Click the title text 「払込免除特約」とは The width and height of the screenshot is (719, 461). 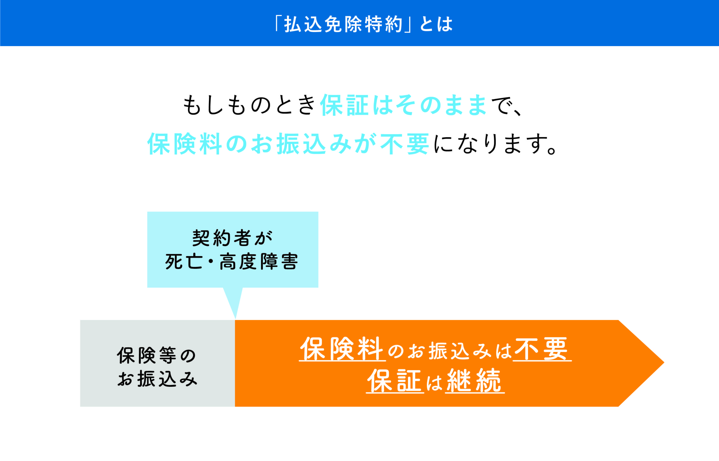click(364, 24)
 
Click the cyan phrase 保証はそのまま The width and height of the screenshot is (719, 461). click(404, 105)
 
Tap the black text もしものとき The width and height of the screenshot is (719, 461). click(249, 105)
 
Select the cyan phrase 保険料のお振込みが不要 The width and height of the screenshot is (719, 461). click(289, 144)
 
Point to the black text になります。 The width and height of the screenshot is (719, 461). click(495, 144)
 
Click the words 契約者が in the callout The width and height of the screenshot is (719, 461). click(232, 238)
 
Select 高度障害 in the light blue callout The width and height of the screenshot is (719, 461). click(259, 262)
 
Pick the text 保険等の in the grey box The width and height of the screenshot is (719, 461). click(157, 356)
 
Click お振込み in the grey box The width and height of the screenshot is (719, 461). click(157, 379)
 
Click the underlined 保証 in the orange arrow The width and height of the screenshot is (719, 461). click(395, 381)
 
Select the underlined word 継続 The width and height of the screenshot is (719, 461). click(475, 381)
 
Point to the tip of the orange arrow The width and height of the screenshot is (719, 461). click(664, 363)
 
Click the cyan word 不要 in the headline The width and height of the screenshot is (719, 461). click(405, 144)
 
